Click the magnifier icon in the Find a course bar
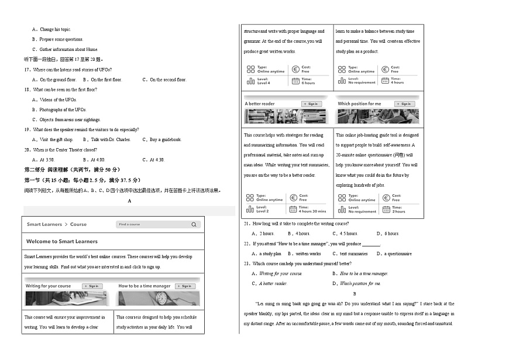[194, 224]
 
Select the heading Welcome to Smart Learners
[62, 241]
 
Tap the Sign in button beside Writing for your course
[91, 286]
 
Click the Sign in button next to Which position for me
[404, 104]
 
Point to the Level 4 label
[263, 83]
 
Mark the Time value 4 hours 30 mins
[312, 211]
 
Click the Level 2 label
[263, 211]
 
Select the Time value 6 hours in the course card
[308, 83]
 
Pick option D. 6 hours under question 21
[388, 234]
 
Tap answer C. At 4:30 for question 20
[153, 160]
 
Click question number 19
[27, 129]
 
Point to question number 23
[246, 263]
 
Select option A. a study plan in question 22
[267, 254]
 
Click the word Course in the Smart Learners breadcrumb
[78, 224]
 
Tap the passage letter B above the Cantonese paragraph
[355, 293]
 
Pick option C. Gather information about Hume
[64, 49]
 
